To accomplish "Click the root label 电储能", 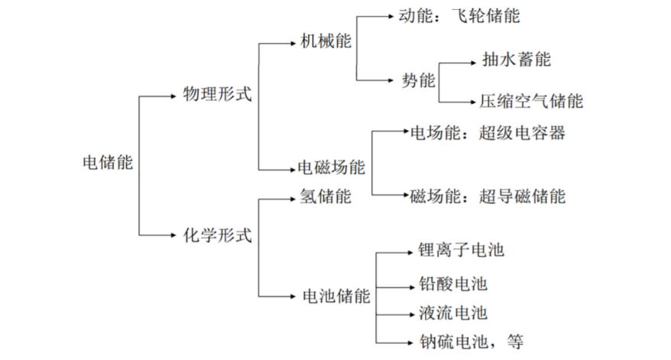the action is point(108,163).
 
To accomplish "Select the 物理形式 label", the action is point(217,94).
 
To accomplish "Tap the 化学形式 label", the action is point(217,235).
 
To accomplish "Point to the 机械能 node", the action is point(326,41).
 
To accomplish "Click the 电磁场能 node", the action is point(331,167).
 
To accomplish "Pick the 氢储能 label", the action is point(326,196).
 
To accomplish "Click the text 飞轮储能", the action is point(486,16).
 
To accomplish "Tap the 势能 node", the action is point(418,80).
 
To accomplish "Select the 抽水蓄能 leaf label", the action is point(517,59).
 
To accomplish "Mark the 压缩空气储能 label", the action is point(531,102).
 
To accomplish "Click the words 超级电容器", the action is point(522,133).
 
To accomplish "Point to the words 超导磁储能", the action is point(522,196).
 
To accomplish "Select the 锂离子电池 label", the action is point(462,250).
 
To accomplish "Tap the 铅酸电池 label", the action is point(453,284).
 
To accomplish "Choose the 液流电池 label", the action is point(453,313).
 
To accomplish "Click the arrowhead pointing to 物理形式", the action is point(173,96).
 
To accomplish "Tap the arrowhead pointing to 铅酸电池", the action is point(412,287).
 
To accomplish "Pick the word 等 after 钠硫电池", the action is point(515,342).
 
